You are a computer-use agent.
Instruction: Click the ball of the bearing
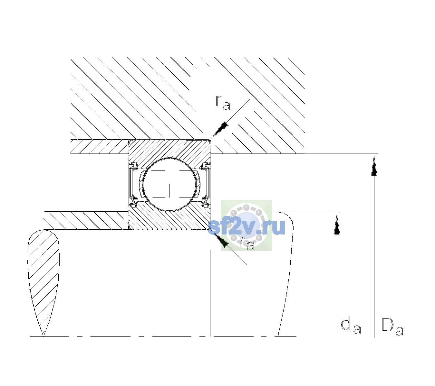[169, 185]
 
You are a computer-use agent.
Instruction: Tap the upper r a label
[223, 103]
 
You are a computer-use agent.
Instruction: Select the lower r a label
[247, 244]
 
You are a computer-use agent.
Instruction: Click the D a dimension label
[392, 326]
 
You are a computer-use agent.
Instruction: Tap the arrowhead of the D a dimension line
[374, 166]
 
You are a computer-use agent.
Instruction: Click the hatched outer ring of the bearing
[169, 150]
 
